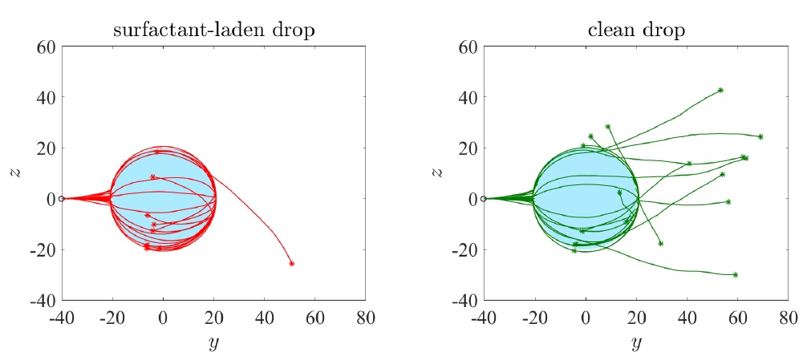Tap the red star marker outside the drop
pyautogui.click(x=291, y=263)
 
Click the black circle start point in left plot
pyautogui.click(x=62, y=198)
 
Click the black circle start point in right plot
pyautogui.click(x=483, y=198)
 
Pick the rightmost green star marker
pyautogui.click(x=760, y=136)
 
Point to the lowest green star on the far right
pyautogui.click(x=735, y=275)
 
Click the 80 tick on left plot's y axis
pyautogui.click(x=365, y=316)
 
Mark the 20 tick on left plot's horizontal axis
pyautogui.click(x=213, y=316)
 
